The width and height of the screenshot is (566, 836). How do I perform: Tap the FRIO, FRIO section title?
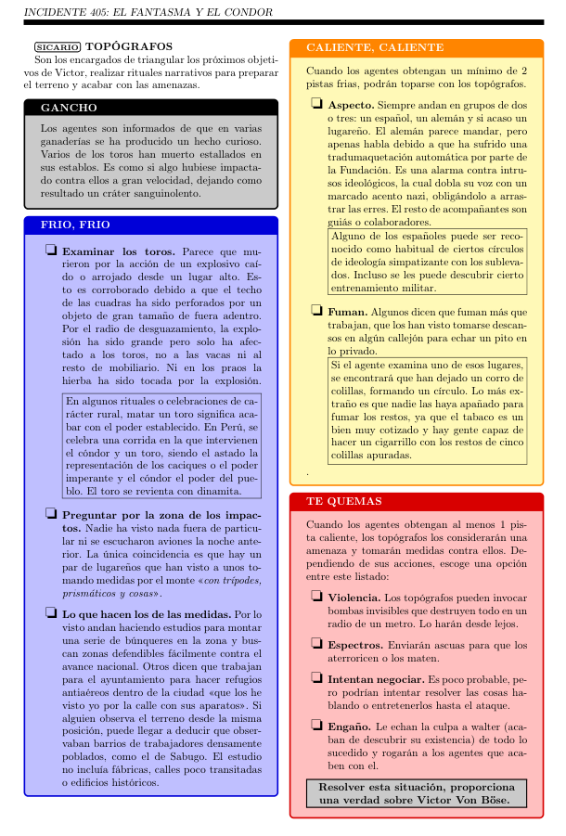click(x=76, y=225)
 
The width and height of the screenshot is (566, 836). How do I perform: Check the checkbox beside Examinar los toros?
click(x=50, y=251)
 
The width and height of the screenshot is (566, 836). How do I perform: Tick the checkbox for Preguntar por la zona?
click(x=50, y=514)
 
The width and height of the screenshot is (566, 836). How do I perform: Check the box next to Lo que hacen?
click(x=50, y=613)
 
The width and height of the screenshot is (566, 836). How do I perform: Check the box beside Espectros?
click(x=317, y=645)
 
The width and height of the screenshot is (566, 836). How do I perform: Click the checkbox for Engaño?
click(x=317, y=727)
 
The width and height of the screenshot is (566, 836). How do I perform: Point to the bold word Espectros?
click(x=354, y=645)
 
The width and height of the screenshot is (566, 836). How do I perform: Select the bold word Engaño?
click(x=351, y=727)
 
